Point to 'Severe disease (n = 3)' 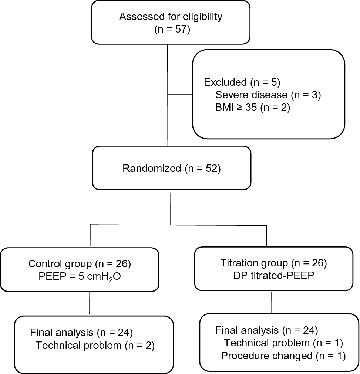tap(268, 95)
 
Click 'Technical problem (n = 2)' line tap(95, 346)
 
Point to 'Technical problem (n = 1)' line tap(283, 343)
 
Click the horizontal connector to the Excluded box tap(180, 94)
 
